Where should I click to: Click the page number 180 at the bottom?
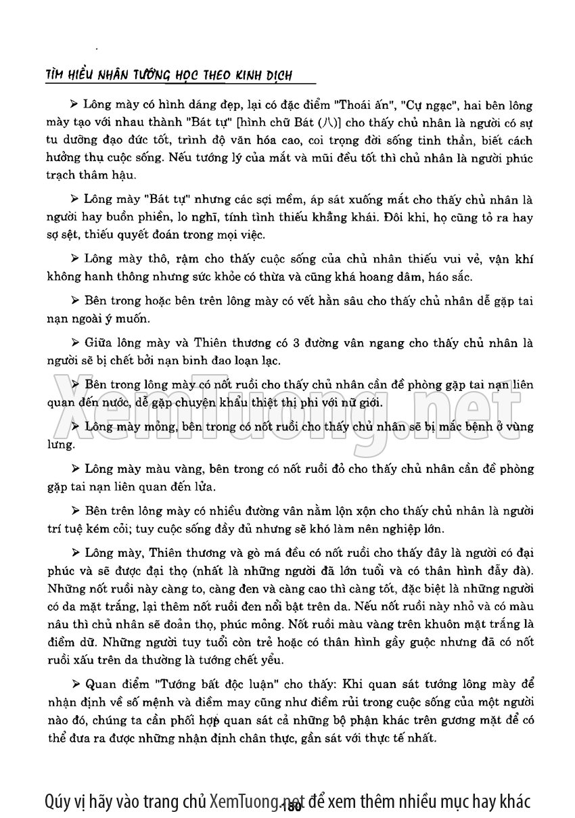pyautogui.click(x=293, y=806)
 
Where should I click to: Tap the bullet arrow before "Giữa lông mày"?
pyautogui.click(x=74, y=343)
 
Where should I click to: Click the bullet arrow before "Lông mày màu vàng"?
pyautogui.click(x=74, y=468)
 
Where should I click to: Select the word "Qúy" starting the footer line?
pyautogui.click(x=58, y=801)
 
